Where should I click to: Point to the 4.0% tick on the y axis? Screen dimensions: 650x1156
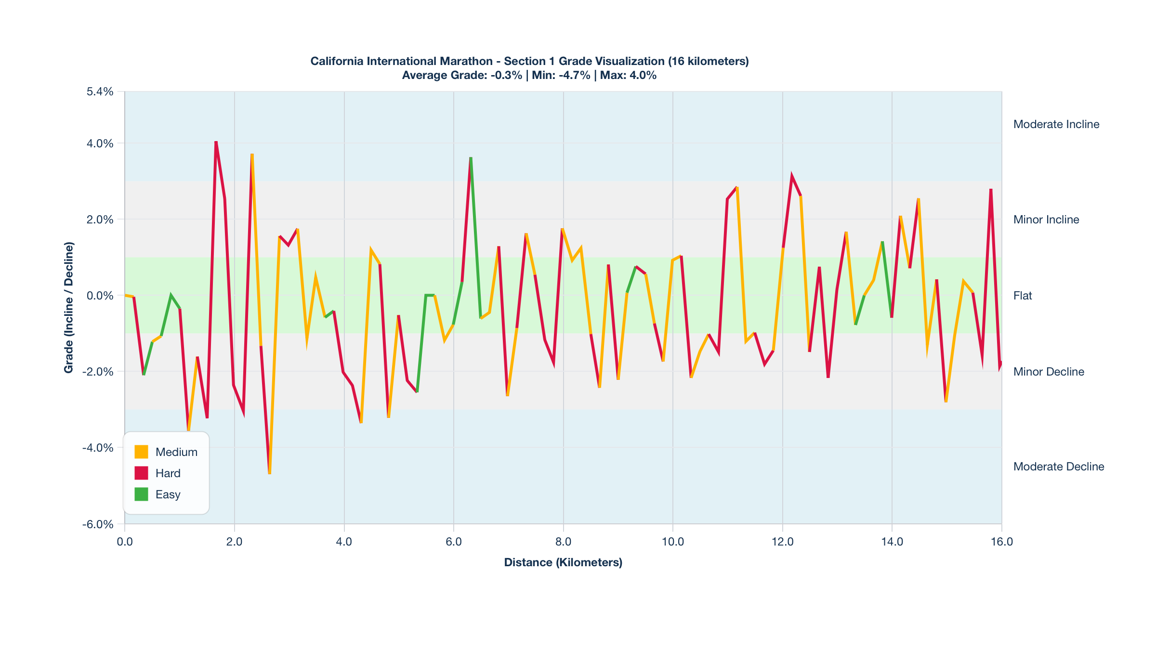pos(100,143)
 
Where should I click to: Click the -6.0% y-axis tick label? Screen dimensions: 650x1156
pos(98,524)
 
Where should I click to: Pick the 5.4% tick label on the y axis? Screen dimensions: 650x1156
pos(100,91)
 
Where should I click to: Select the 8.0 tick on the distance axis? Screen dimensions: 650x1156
pos(563,542)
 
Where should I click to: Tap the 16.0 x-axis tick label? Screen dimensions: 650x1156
pos(1002,542)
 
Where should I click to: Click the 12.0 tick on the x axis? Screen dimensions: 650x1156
pos(782,542)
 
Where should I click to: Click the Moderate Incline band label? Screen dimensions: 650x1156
pos(1056,124)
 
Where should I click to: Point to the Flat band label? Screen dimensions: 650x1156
pos(1023,296)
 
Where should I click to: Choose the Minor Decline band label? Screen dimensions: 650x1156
pos(1049,372)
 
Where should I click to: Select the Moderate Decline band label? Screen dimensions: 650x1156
pos(1059,467)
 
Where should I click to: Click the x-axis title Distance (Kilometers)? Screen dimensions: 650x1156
pos(563,562)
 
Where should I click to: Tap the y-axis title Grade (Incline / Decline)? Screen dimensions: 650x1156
pos(69,308)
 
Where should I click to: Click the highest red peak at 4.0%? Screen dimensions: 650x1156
pos(216,142)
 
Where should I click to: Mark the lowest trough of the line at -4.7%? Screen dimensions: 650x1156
pos(270,473)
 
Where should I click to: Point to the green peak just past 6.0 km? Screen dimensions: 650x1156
pos(471,158)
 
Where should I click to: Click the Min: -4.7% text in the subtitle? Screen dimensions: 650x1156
pos(561,76)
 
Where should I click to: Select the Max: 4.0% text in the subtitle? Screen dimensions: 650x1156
pos(628,76)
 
